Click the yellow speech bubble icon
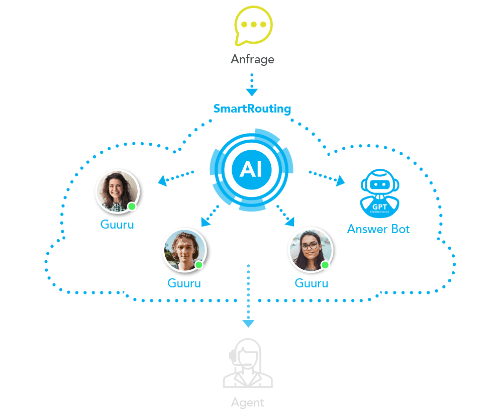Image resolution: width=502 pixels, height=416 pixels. (253, 26)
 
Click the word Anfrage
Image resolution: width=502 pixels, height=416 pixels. (252, 59)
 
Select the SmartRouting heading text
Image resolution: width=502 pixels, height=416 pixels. (252, 109)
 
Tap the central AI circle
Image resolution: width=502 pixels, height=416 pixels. (252, 170)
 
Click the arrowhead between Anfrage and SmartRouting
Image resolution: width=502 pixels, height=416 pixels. (252, 92)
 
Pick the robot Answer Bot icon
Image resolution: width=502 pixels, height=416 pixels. (380, 193)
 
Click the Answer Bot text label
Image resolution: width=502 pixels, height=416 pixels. (378, 229)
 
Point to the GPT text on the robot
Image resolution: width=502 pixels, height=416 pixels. (380, 206)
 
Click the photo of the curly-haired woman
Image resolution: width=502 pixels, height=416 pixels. (118, 191)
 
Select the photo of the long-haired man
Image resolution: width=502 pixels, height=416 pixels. (184, 250)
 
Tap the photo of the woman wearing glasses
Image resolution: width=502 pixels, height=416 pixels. (311, 250)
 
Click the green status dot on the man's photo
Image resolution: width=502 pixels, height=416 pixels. (199, 265)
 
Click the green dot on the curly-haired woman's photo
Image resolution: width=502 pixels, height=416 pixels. (132, 206)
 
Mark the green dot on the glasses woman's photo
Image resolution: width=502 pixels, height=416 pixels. (325, 265)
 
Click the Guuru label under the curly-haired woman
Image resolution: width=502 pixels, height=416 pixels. (117, 224)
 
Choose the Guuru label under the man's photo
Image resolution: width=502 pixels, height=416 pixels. (184, 283)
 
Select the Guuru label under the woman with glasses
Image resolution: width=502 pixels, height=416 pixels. (312, 283)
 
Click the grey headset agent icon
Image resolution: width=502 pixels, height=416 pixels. (248, 363)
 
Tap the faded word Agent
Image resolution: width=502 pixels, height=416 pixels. (247, 402)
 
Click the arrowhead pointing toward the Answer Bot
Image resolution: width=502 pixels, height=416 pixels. (340, 181)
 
